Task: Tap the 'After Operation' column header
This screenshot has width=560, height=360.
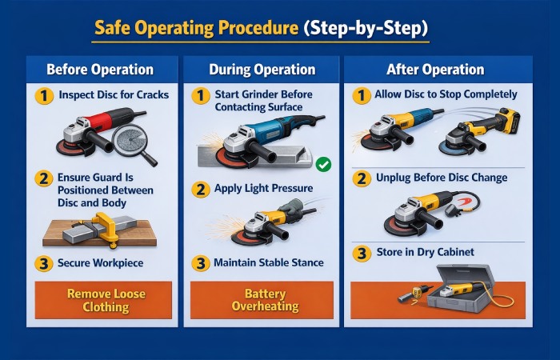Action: pos(438,70)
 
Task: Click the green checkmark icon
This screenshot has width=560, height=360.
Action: pos(323,165)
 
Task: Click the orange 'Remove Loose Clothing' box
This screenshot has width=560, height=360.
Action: pos(103,299)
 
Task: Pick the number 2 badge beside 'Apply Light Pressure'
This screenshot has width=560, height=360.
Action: pos(200,190)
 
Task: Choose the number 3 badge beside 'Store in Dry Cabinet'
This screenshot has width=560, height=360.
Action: pos(362,253)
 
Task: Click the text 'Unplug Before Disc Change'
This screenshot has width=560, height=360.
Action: pos(442,177)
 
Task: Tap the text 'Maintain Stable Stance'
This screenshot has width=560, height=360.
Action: pos(268,262)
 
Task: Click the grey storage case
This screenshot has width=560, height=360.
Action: pos(459,296)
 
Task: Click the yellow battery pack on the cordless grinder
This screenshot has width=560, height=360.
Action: pos(505,122)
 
